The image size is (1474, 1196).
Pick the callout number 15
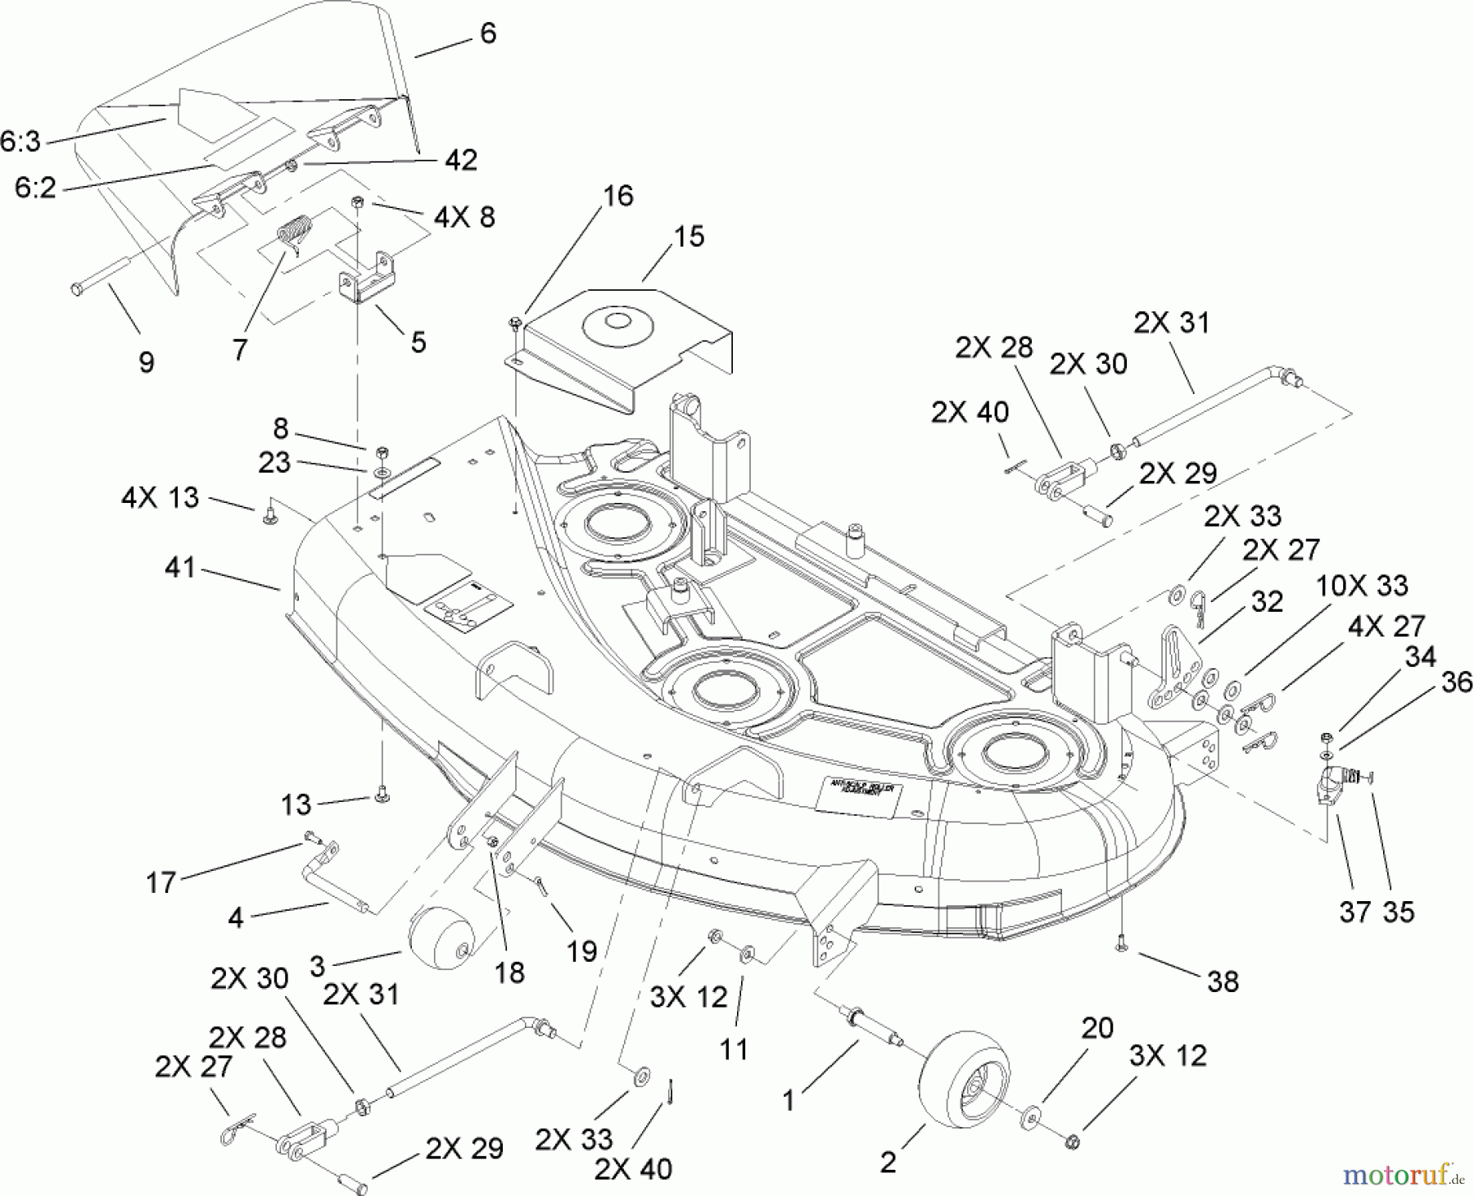tap(689, 237)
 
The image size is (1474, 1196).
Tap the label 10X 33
tap(1362, 586)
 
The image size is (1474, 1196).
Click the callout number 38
tap(1222, 981)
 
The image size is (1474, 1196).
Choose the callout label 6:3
tap(20, 142)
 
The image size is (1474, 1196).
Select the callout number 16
tap(618, 196)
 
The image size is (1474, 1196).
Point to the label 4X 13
tap(160, 497)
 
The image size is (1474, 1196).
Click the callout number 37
tap(1354, 911)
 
